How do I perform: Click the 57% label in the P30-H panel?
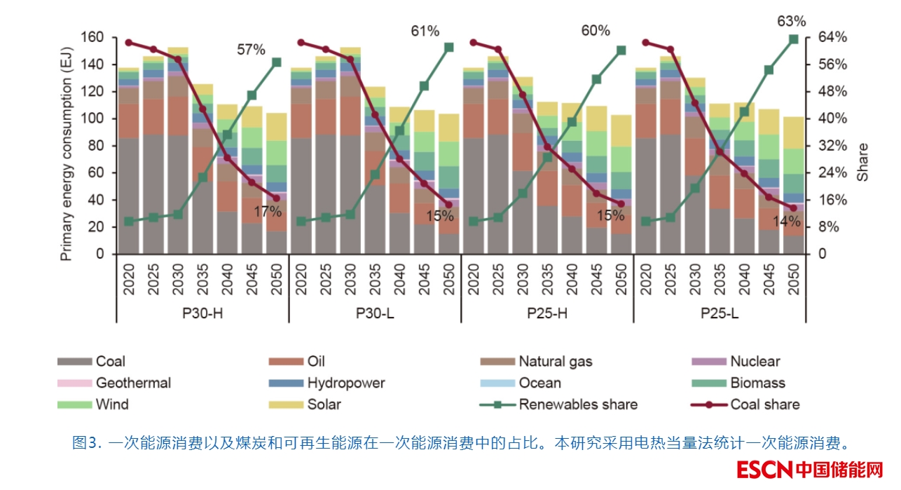pyautogui.click(x=251, y=50)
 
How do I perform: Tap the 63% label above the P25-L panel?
pyautogui.click(x=792, y=21)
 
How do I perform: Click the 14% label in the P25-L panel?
pyautogui.click(x=786, y=221)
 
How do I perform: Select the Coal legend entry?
pyautogui.click(x=110, y=362)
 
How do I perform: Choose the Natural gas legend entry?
pyautogui.click(x=555, y=362)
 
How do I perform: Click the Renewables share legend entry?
pyautogui.click(x=578, y=404)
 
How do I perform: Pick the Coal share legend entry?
pyautogui.click(x=764, y=404)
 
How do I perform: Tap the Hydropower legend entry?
pyautogui.click(x=345, y=383)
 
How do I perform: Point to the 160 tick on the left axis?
pyautogui.click(x=92, y=37)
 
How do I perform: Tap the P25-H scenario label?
pyautogui.click(x=546, y=313)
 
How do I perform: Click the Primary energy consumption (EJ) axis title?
pyautogui.click(x=67, y=146)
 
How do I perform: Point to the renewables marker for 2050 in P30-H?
pyautogui.click(x=277, y=62)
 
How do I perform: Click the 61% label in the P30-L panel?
pyautogui.click(x=425, y=31)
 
